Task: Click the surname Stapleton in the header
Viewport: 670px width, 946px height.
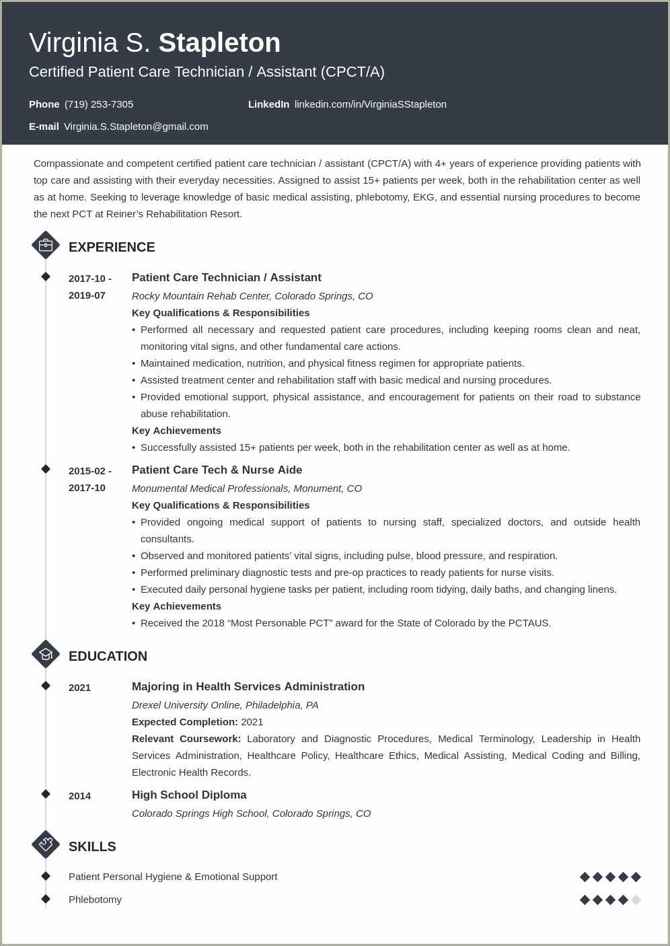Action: [219, 43]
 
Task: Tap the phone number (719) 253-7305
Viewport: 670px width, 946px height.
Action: [99, 104]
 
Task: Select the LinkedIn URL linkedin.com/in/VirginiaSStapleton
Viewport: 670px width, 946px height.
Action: [370, 104]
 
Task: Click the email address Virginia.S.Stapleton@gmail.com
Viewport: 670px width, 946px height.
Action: [136, 126]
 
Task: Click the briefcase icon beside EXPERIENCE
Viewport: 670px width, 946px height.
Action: [46, 246]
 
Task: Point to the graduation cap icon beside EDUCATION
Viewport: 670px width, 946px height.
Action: [46, 654]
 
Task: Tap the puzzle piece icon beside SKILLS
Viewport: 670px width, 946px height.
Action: [46, 844]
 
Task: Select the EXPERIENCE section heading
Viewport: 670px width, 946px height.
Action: [112, 247]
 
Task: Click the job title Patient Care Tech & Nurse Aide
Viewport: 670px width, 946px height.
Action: [217, 470]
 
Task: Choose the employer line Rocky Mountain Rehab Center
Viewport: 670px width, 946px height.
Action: [252, 296]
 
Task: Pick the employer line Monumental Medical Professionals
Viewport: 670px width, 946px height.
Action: [246, 488]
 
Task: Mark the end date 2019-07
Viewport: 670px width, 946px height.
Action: [87, 295]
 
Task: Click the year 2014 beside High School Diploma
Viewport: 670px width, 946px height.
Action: [79, 796]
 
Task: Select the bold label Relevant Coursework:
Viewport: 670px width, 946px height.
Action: [186, 739]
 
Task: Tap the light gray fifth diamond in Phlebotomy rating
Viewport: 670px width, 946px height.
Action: [636, 900]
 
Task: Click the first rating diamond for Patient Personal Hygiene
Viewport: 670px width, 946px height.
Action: [585, 877]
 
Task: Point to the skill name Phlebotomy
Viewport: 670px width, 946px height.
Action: [95, 900]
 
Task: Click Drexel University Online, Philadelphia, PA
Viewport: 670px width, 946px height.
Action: [225, 705]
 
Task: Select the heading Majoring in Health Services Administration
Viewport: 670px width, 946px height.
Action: [248, 686]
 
